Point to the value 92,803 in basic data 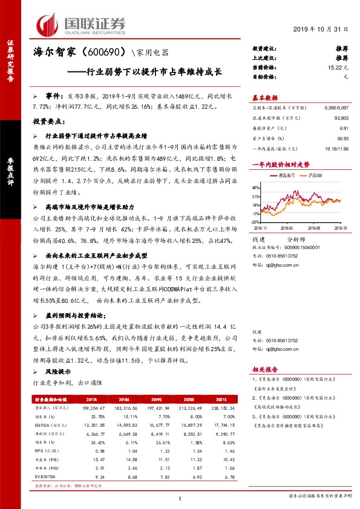pyautogui.click(x=342, y=119)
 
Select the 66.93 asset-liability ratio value pyautogui.click(x=344, y=138)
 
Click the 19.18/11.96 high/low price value pyautogui.click(x=337, y=148)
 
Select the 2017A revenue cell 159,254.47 pyautogui.click(x=87, y=409)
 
